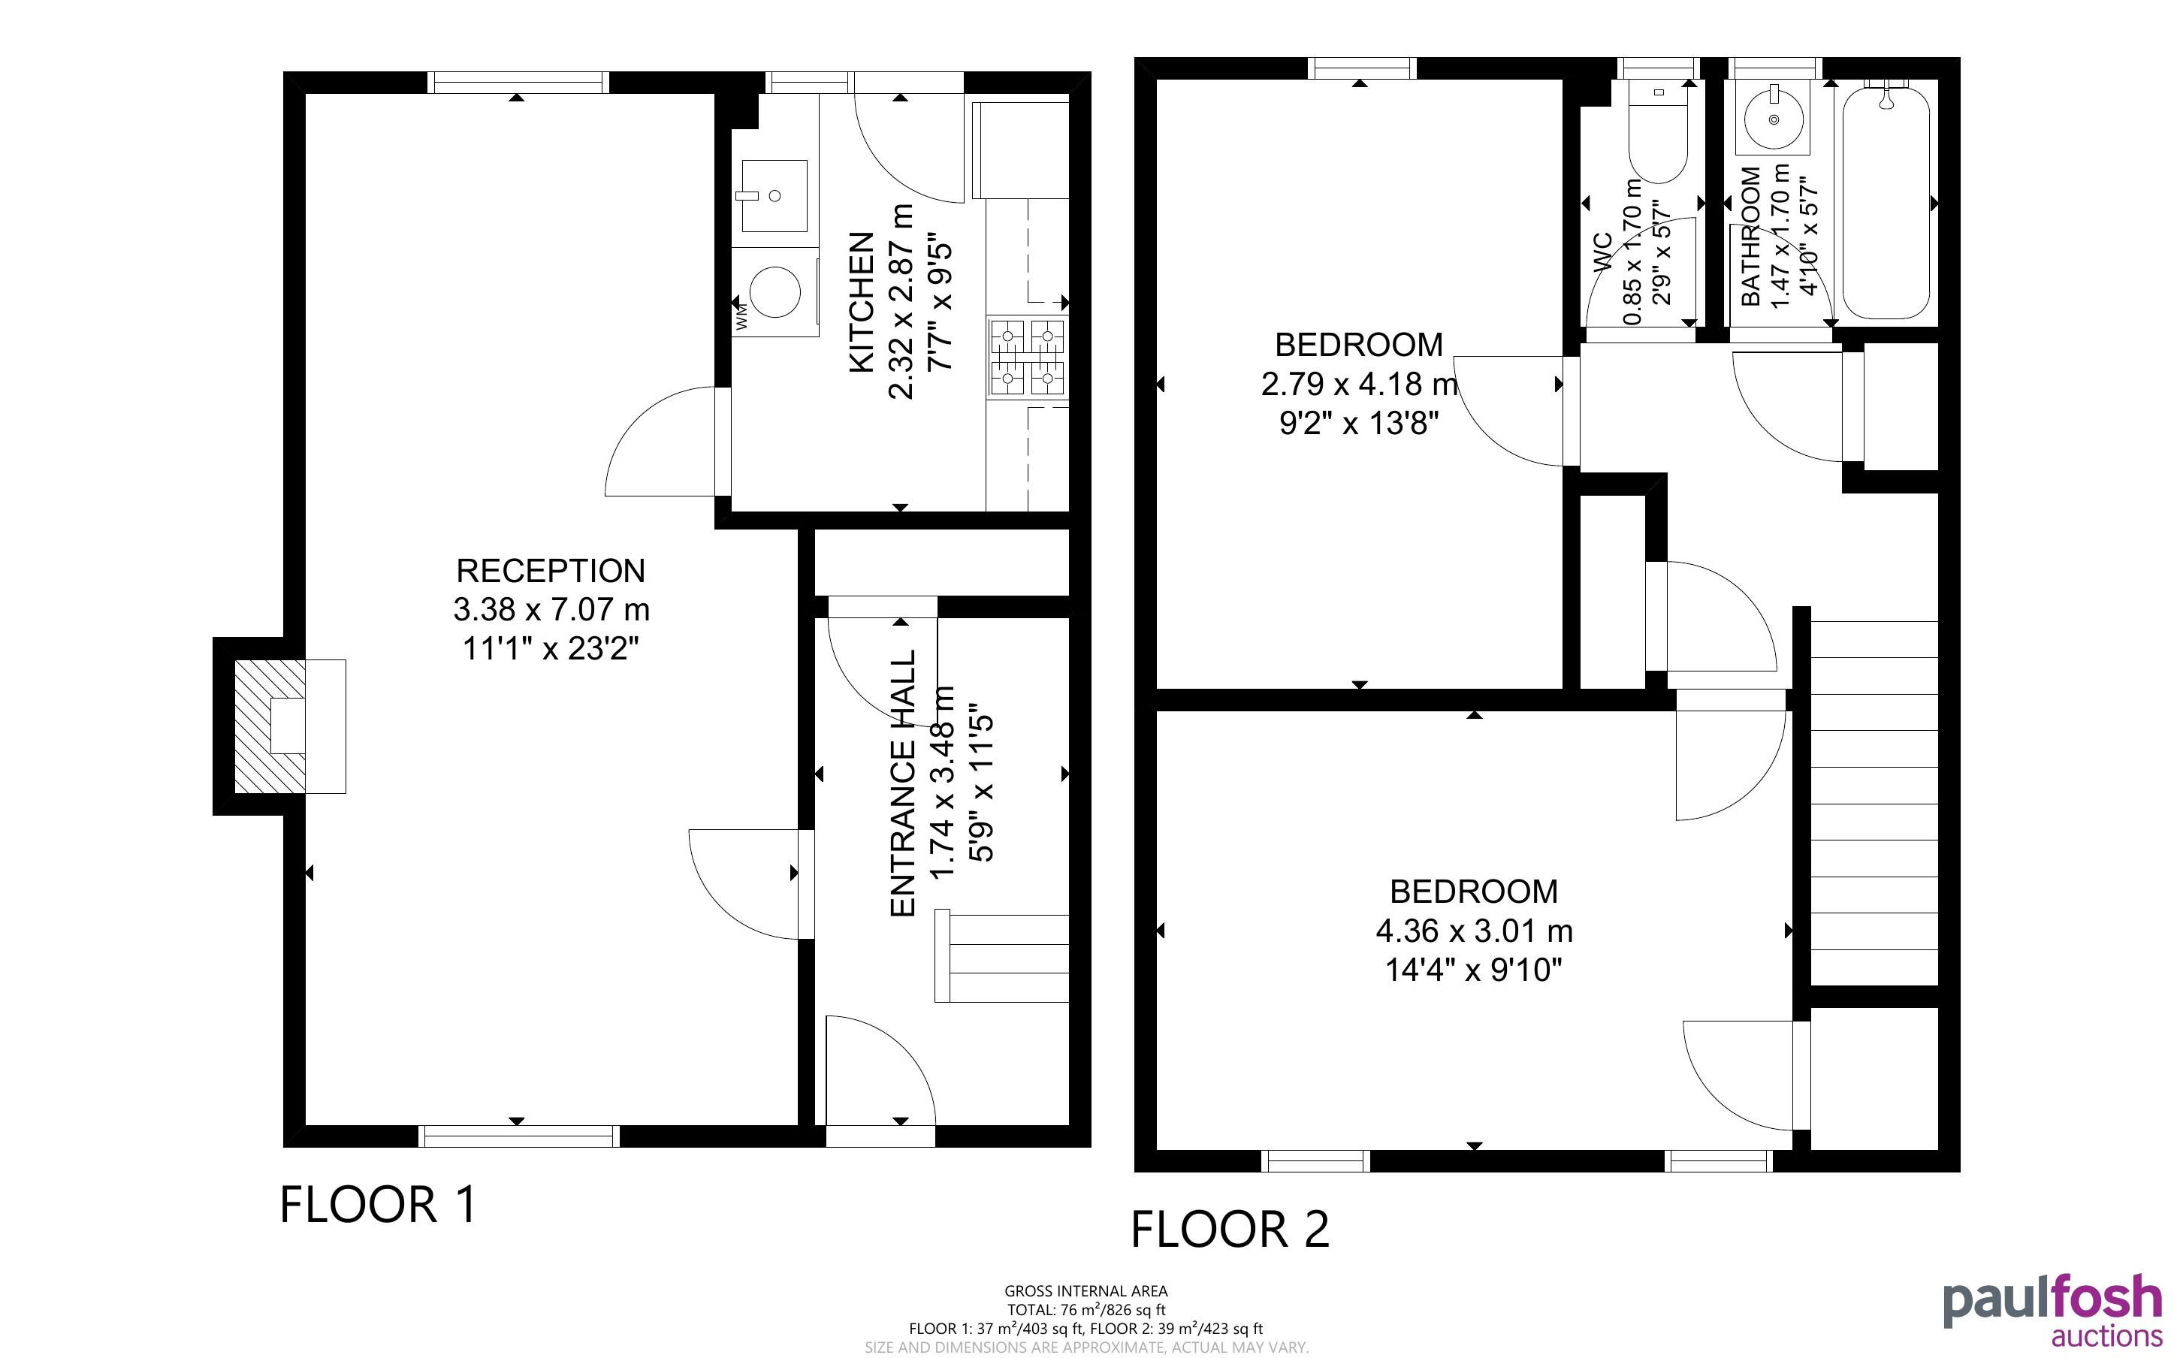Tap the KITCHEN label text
click(861, 302)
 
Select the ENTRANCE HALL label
click(902, 783)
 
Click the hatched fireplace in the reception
click(270, 726)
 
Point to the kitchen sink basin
click(773, 196)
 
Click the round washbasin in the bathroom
click(1774, 119)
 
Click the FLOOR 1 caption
click(378, 1205)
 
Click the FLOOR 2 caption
click(1229, 1230)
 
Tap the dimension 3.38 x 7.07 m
click(551, 610)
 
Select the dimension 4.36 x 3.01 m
click(1475, 931)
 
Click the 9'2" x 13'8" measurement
click(1360, 423)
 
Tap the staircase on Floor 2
click(1874, 804)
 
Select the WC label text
click(1604, 252)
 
